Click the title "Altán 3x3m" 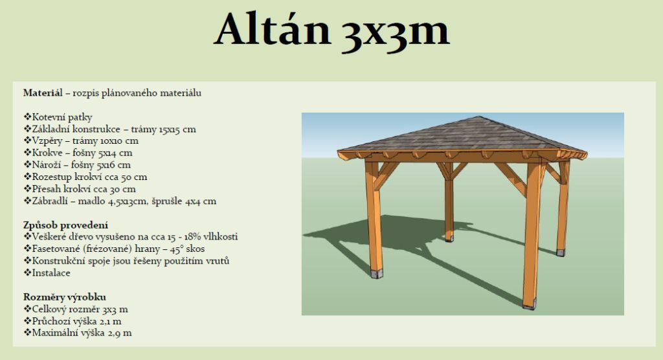tap(331, 30)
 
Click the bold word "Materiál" tap(43, 93)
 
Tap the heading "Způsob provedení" tap(65, 225)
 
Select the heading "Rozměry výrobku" tap(65, 297)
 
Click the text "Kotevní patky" tap(62, 117)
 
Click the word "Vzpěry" tap(47, 141)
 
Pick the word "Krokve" tap(47, 153)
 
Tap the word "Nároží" tap(47, 165)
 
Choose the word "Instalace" tap(51, 273)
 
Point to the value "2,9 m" tap(120, 333)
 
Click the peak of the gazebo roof tap(478, 117)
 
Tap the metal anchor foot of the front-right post tap(529, 304)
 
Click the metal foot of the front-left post tap(376, 273)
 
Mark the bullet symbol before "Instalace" tap(27, 273)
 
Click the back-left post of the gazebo tap(449, 203)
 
